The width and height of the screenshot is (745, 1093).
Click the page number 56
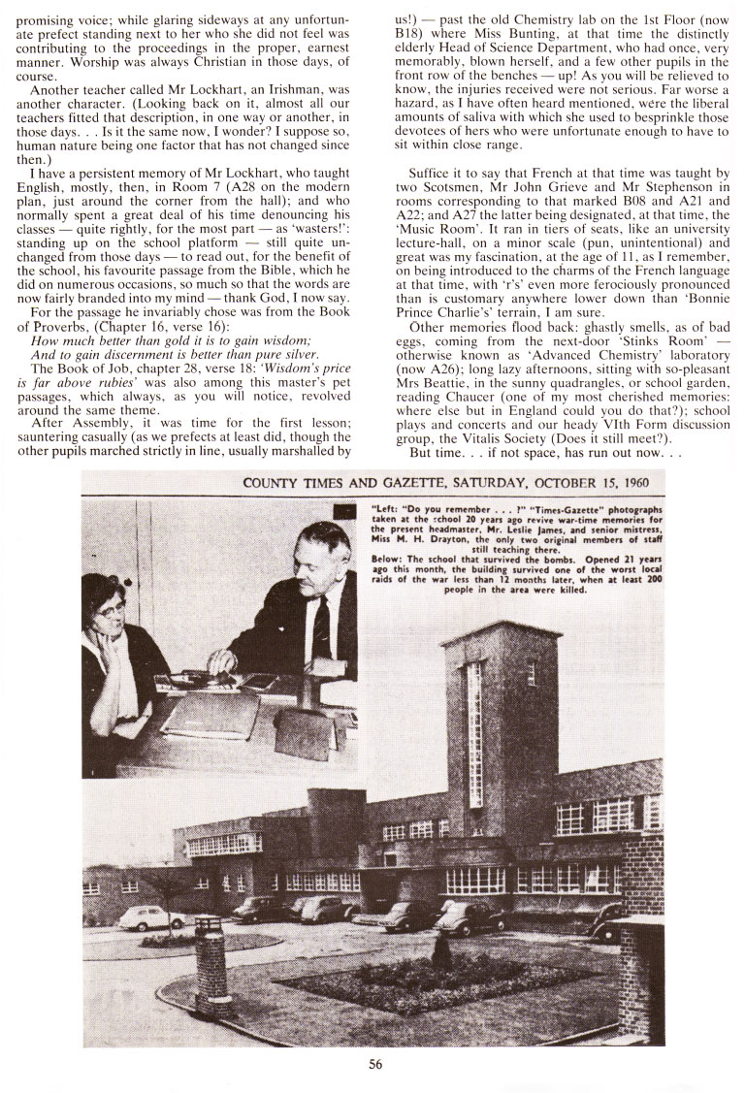pyautogui.click(x=376, y=1063)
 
